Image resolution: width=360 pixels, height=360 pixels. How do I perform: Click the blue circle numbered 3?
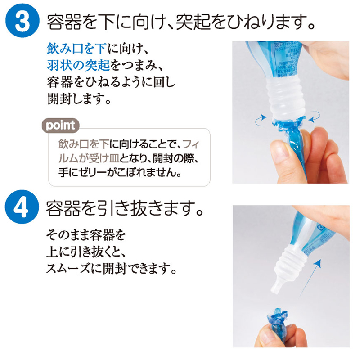[x=22, y=20]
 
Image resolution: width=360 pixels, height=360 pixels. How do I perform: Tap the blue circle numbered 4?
[x=22, y=207]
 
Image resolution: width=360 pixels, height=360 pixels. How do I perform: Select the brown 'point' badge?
[x=61, y=126]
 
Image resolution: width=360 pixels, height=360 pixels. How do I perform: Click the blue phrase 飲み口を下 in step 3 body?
[x=76, y=49]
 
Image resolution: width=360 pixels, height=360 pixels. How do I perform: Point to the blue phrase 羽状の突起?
[x=78, y=65]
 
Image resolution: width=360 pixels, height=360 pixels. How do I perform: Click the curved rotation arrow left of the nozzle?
[x=261, y=121]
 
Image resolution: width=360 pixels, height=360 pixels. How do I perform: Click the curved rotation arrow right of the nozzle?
[x=315, y=117]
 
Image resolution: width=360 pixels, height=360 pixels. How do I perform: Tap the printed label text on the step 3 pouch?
[x=286, y=60]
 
